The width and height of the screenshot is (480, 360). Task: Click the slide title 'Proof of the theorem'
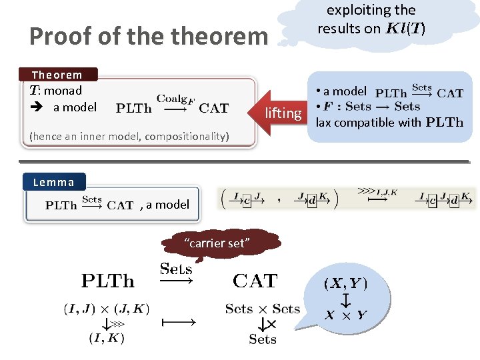click(148, 36)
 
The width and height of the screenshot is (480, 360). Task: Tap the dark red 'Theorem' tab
click(58, 75)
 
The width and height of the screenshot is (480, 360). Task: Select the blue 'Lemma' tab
click(54, 181)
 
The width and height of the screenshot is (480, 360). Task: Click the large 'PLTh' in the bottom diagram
click(107, 281)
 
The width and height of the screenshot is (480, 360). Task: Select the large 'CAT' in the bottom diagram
click(255, 281)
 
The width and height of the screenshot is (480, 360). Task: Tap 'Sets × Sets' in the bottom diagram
click(263, 309)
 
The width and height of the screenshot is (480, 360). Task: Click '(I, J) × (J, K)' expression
click(107, 309)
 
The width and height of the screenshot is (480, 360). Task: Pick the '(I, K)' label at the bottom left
click(107, 337)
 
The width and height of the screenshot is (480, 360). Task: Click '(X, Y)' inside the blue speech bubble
click(346, 283)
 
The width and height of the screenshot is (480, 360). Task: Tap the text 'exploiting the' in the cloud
click(371, 10)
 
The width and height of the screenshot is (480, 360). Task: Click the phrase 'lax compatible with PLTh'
click(389, 122)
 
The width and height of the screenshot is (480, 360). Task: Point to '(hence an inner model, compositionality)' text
click(129, 137)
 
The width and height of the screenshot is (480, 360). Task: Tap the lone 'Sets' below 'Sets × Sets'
click(263, 339)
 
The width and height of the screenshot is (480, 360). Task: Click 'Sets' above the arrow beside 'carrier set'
click(176, 269)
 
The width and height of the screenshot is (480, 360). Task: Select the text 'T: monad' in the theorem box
click(56, 91)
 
